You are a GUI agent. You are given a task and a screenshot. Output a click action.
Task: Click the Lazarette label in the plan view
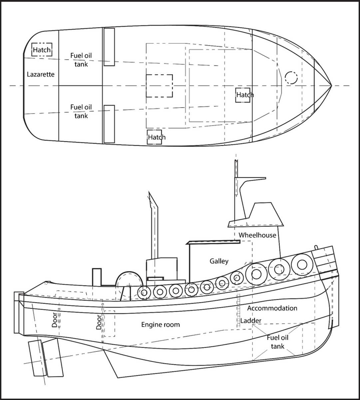[x=40, y=74]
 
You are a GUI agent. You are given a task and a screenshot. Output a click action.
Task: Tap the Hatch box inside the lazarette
[x=42, y=50]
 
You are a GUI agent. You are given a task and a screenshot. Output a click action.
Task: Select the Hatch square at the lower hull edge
[x=155, y=137]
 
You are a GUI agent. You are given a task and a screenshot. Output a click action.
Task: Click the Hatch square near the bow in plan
[x=243, y=95]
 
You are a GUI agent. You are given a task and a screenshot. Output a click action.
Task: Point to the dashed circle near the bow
[x=291, y=78]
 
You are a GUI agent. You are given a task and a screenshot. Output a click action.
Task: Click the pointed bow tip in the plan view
[x=331, y=86]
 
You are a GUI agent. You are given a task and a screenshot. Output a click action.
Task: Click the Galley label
[x=219, y=261]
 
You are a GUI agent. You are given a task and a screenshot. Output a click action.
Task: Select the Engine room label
[x=161, y=324]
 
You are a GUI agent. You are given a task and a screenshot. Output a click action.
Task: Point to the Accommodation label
[x=272, y=308]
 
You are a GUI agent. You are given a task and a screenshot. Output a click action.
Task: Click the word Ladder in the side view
[x=251, y=321]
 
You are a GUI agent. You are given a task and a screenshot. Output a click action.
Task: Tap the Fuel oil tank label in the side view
[x=277, y=342]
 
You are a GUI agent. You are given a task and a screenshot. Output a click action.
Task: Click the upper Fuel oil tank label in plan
[x=81, y=59]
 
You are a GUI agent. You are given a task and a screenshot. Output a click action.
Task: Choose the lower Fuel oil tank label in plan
[x=81, y=111]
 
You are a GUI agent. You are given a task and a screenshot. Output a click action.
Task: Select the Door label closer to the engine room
[x=99, y=322]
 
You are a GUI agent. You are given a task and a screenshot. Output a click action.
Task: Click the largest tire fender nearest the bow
[x=301, y=265]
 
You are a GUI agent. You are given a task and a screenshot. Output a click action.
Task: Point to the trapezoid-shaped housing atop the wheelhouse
[x=265, y=213]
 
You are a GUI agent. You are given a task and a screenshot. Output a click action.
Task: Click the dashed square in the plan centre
[x=159, y=86]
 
